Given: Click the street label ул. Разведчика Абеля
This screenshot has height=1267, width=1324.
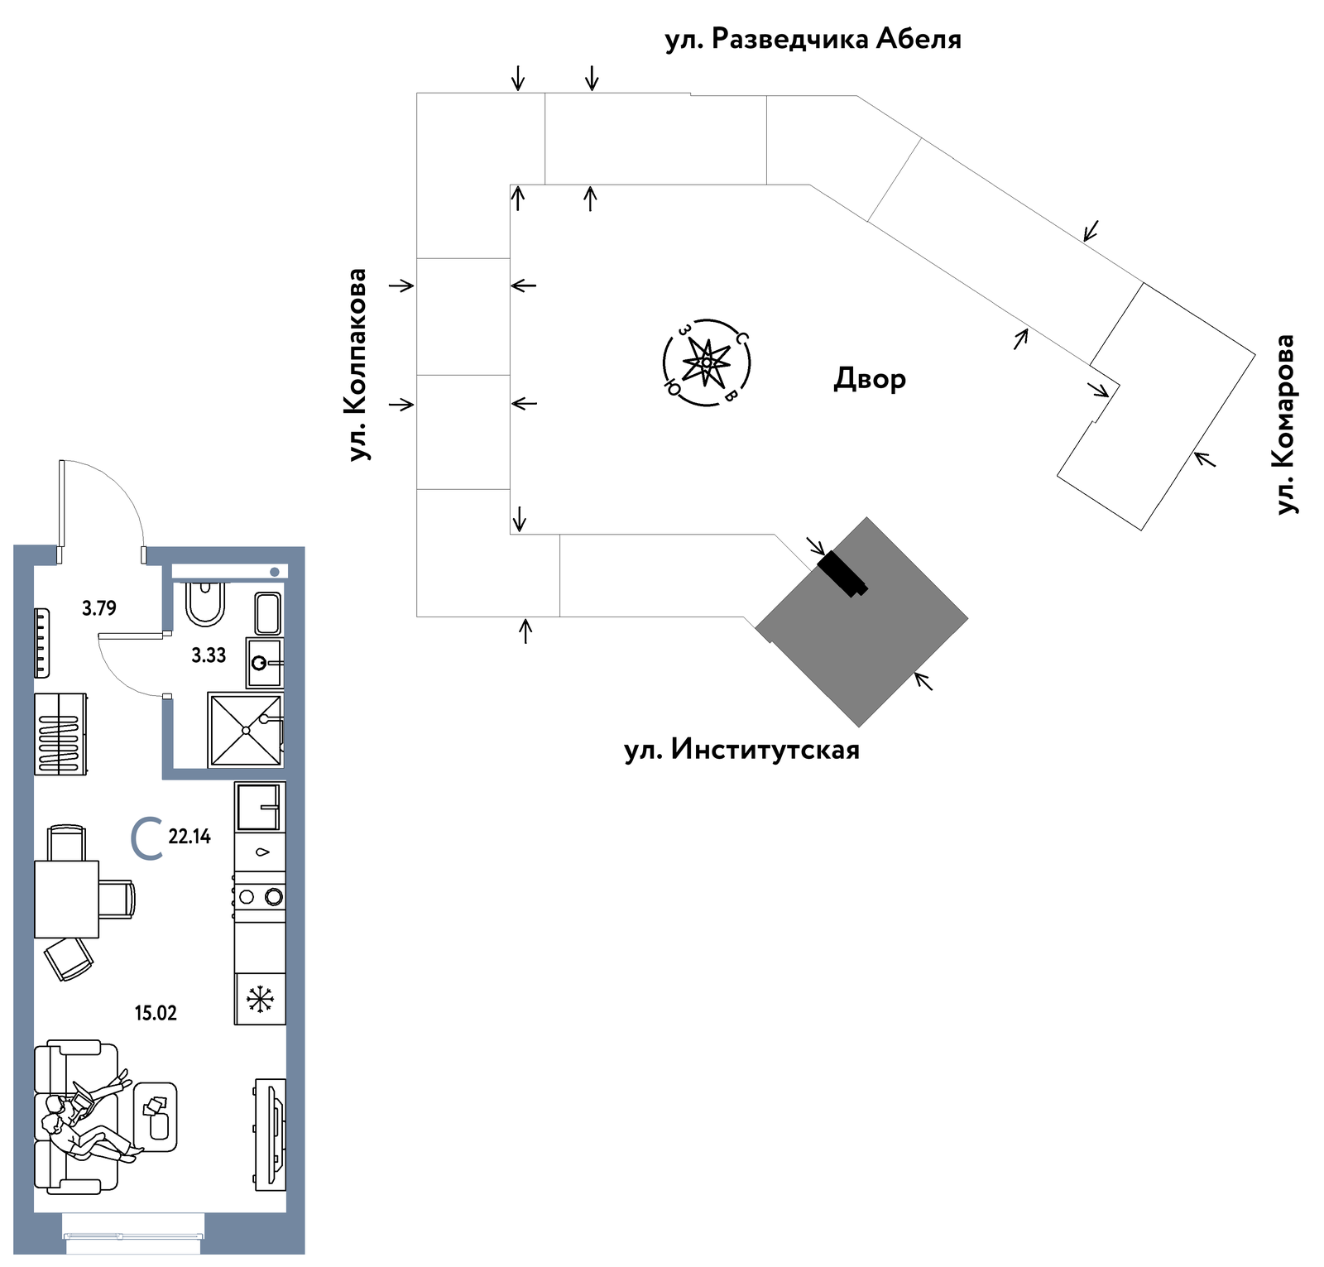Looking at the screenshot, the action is (x=813, y=39).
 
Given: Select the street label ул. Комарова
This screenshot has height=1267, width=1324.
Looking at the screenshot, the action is (x=1285, y=424).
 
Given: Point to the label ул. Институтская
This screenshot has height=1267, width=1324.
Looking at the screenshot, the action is (x=741, y=750).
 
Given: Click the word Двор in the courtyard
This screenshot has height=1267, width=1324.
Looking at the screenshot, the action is (x=870, y=379).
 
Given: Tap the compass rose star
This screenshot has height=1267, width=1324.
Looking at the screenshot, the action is (x=707, y=362).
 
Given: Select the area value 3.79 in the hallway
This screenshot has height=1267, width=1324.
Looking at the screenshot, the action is (x=99, y=608).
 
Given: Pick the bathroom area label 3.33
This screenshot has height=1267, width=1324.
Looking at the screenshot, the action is (x=209, y=655).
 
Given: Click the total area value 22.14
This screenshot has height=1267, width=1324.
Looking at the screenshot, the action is (x=189, y=837).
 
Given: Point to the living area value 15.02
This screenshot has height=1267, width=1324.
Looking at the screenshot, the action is (x=156, y=1013).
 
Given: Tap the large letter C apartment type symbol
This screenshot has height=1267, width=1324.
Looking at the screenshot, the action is (x=146, y=838).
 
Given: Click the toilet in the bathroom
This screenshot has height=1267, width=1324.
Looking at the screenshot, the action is (x=204, y=604).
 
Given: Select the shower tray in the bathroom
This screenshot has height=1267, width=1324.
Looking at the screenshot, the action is (x=246, y=730).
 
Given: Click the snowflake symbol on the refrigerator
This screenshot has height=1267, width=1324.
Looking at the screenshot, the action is (x=261, y=1000).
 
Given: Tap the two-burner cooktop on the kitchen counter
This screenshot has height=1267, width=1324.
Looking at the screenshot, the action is (x=260, y=896).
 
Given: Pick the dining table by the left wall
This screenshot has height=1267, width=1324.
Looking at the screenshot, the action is (x=66, y=899).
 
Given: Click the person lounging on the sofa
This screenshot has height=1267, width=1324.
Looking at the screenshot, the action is (x=87, y=1116).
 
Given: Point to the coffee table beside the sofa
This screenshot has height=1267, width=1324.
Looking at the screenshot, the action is (x=155, y=1117).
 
